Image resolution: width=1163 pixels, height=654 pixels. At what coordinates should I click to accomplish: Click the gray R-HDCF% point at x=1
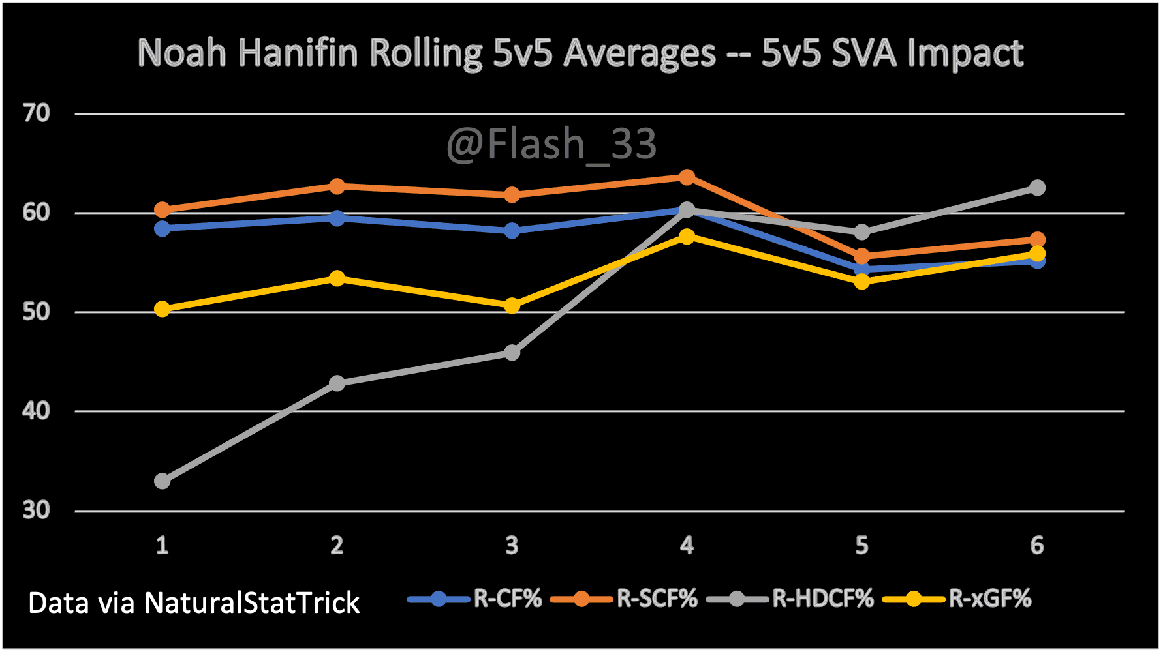(163, 481)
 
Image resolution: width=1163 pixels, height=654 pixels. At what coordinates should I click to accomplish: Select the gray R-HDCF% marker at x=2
(337, 383)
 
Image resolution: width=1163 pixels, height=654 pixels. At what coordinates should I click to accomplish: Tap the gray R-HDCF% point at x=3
(512, 353)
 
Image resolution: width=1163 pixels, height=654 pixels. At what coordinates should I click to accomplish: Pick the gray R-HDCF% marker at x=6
(1037, 188)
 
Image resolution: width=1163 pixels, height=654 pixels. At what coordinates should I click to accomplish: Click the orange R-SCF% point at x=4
(687, 177)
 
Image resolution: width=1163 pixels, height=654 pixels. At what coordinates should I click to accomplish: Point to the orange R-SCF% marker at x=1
(163, 210)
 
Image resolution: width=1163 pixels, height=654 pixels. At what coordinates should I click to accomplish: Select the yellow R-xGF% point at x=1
(163, 309)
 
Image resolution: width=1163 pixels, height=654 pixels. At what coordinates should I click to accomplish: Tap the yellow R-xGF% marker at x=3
(512, 306)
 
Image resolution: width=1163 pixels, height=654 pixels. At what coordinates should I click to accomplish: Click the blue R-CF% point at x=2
(337, 218)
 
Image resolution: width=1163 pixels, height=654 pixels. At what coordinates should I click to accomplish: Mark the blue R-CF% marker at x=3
(512, 231)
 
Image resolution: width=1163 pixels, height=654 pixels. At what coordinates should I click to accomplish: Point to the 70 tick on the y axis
(37, 113)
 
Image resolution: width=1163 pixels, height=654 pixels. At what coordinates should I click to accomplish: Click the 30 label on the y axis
(37, 510)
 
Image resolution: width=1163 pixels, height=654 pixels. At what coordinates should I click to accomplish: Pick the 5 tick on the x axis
(861, 545)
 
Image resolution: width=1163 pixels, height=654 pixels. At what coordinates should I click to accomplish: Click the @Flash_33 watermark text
(551, 144)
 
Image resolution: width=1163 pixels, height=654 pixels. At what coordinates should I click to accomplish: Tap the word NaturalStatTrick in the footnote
(252, 603)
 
